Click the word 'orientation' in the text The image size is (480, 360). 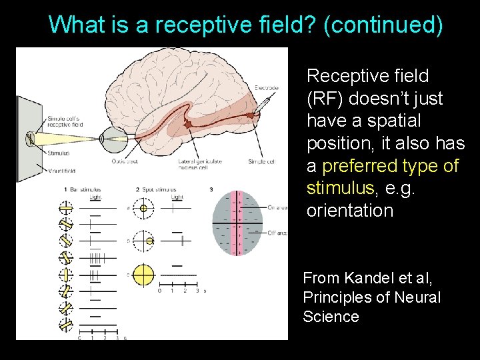coord(349,211)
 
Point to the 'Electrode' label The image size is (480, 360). coord(266,88)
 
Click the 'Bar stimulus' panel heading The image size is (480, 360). coord(91,190)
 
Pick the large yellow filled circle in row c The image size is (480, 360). coord(143,274)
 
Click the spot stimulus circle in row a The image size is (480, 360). coord(143,208)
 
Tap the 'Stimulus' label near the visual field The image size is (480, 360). coord(59,153)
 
